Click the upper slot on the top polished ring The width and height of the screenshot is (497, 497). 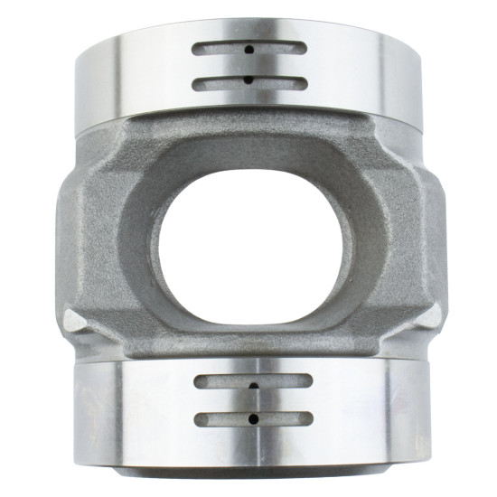pyautogui.click(x=248, y=49)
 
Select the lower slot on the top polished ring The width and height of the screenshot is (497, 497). pyautogui.click(x=248, y=82)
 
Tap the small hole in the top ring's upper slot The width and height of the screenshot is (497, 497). pyautogui.click(x=248, y=50)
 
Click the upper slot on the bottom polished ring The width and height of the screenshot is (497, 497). pyautogui.click(x=254, y=382)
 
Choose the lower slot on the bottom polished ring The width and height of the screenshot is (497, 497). pyautogui.click(x=254, y=418)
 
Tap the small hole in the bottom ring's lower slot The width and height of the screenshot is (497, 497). pyautogui.click(x=254, y=418)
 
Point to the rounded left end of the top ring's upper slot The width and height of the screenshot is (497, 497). pyautogui.click(x=198, y=49)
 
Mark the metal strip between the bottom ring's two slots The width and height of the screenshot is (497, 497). pyautogui.click(x=254, y=400)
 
